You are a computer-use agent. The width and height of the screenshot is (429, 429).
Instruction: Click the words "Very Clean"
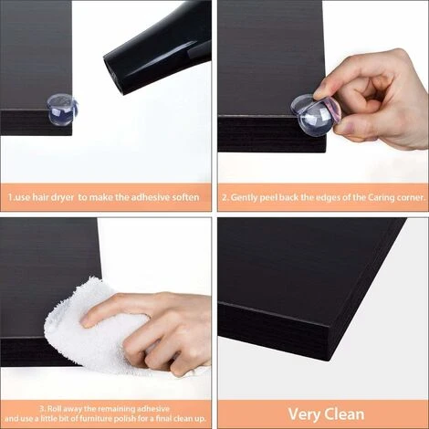coord(322,413)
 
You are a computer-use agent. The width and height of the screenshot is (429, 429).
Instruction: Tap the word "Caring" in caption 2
coord(372,196)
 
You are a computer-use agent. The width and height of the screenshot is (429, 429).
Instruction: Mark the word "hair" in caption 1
coord(36,196)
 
